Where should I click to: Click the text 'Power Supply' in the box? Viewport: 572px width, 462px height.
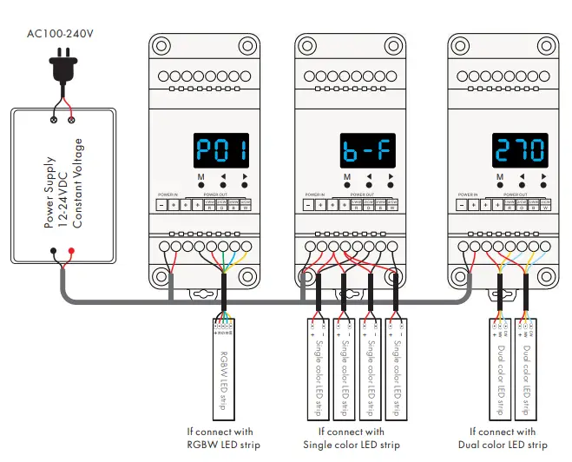pos(49,193)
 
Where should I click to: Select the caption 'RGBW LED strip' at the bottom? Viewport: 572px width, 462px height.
pos(223,445)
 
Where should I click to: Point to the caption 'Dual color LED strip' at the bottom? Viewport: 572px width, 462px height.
pos(509,445)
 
